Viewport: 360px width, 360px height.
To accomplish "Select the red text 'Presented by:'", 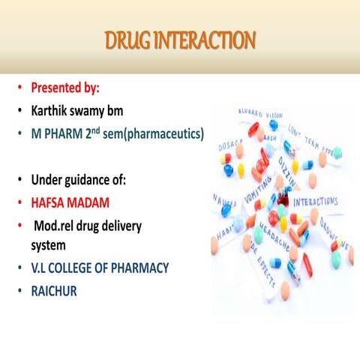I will coord(64,88).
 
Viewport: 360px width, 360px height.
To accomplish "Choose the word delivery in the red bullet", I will coord(119,225).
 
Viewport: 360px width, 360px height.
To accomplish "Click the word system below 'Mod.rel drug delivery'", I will coord(48,244).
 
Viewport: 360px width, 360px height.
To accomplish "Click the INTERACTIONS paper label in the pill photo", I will coord(315,202).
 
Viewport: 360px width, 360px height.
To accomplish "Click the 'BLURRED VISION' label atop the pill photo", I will coord(260,112).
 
